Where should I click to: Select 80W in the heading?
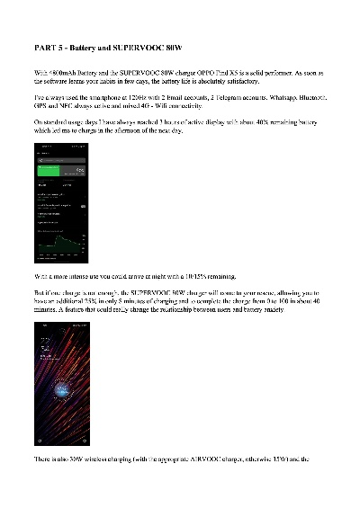point(184,45)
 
